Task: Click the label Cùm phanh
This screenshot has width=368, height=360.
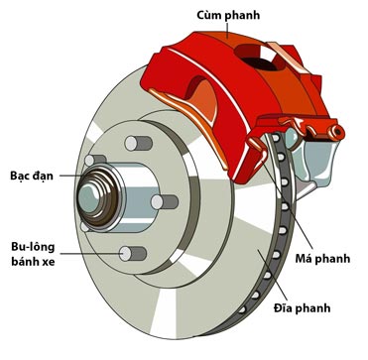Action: pyautogui.click(x=228, y=16)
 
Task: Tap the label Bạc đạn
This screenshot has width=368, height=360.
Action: pyautogui.click(x=32, y=176)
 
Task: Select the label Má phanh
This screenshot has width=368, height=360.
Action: pyautogui.click(x=322, y=259)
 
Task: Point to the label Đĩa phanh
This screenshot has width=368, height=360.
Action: pyautogui.click(x=303, y=308)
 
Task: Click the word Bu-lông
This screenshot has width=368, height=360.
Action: pyautogui.click(x=33, y=247)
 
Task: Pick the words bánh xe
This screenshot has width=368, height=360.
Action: pyautogui.click(x=33, y=262)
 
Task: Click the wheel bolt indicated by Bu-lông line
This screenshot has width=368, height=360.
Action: pyautogui.click(x=133, y=254)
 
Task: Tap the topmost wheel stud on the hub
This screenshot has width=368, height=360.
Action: pyautogui.click(x=138, y=143)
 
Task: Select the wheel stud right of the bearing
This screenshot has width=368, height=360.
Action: pyautogui.click(x=165, y=202)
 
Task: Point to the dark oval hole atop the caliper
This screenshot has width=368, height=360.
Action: pyautogui.click(x=259, y=60)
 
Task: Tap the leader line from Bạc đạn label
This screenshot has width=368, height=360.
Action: pyautogui.click(x=70, y=176)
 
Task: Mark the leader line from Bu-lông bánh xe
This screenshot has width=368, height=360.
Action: pyautogui.click(x=91, y=254)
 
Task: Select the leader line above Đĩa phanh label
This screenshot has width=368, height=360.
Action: pyautogui.click(x=273, y=275)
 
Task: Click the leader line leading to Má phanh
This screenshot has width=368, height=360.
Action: pyautogui.click(x=287, y=205)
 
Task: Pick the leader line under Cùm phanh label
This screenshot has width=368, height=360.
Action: pyautogui.click(x=227, y=30)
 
